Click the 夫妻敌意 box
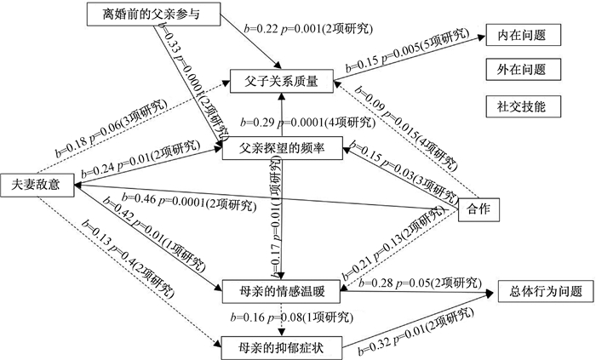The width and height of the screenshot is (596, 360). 35,183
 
